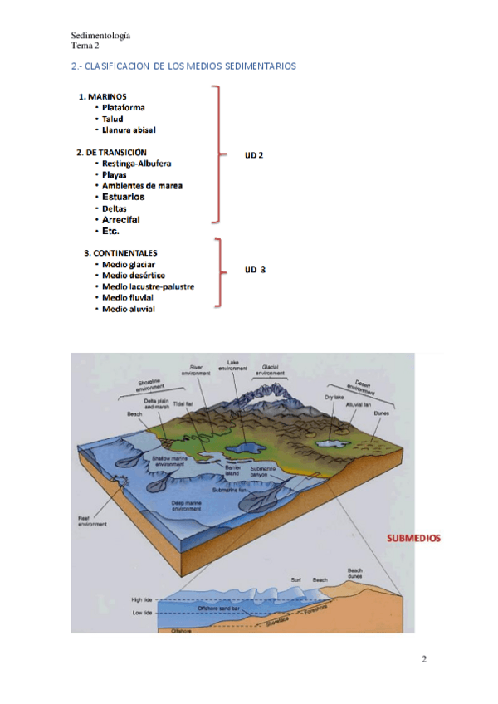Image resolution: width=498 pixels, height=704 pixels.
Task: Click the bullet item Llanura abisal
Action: [129, 130]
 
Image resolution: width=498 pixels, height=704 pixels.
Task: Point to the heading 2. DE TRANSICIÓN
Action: [111, 153]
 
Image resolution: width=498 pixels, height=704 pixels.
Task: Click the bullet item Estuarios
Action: [123, 198]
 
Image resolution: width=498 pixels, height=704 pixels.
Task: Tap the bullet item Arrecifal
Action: [121, 220]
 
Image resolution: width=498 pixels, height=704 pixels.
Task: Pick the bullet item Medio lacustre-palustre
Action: [148, 286]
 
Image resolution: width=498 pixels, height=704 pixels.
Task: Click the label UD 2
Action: [254, 155]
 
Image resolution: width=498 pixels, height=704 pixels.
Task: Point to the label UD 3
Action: [254, 270]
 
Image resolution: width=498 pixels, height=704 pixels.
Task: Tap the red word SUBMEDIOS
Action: [413, 538]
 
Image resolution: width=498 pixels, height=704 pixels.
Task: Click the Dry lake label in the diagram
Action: [334, 398]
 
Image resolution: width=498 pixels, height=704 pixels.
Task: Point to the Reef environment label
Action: [89, 521]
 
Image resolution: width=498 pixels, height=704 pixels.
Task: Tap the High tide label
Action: [142, 599]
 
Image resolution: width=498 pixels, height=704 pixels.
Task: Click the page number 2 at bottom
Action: [424, 660]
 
